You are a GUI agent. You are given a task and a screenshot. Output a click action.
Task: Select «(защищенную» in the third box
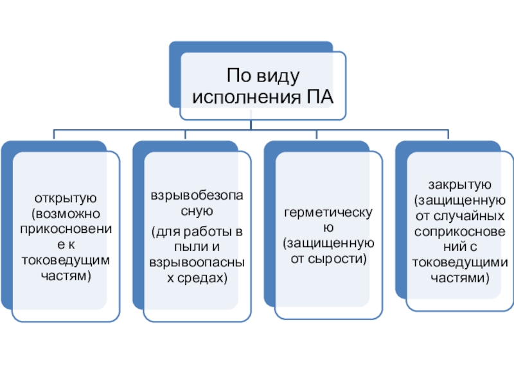327,244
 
